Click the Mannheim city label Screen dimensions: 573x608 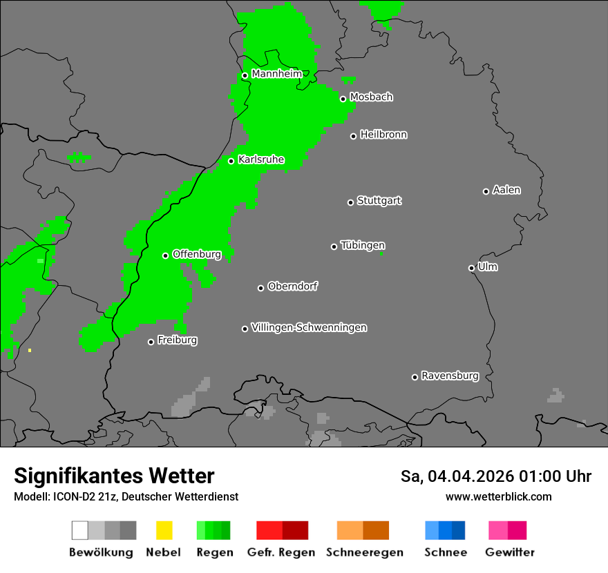(x=276, y=74)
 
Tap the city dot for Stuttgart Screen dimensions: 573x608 (x=350, y=202)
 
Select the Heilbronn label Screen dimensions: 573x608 (x=383, y=135)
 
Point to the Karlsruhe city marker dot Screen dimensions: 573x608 (x=231, y=162)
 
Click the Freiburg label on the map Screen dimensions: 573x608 (x=177, y=340)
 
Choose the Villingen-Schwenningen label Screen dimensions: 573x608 (x=309, y=327)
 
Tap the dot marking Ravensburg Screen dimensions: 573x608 (x=415, y=377)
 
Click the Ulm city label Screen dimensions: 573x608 (x=487, y=266)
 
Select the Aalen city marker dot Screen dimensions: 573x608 (x=486, y=191)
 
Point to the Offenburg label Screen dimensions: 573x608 (x=196, y=254)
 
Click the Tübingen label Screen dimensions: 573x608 (x=363, y=245)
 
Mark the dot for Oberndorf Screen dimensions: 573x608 (x=260, y=288)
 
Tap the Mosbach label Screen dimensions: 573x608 (x=371, y=97)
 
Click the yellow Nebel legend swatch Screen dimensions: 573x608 (x=164, y=530)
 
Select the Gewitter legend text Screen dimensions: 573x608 (x=510, y=552)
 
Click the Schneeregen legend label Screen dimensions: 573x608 (x=364, y=552)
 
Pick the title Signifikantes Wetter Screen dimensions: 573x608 (x=114, y=476)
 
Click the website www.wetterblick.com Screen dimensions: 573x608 (x=498, y=496)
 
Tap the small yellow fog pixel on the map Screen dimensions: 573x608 (x=30, y=351)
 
